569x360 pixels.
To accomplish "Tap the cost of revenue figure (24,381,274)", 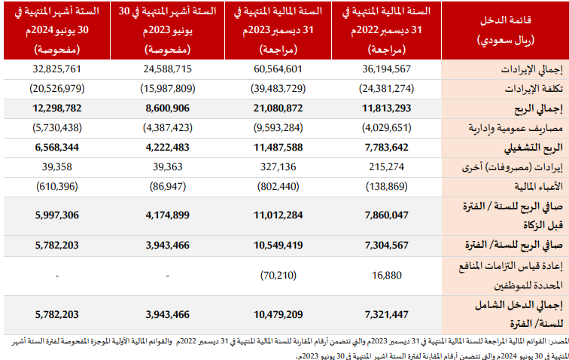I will [382, 88].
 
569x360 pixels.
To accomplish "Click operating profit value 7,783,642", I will [382, 146].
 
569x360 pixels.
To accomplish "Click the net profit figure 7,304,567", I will [382, 244].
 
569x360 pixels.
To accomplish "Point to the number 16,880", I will [382, 275].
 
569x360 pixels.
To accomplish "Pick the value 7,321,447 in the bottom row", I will [382, 313].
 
